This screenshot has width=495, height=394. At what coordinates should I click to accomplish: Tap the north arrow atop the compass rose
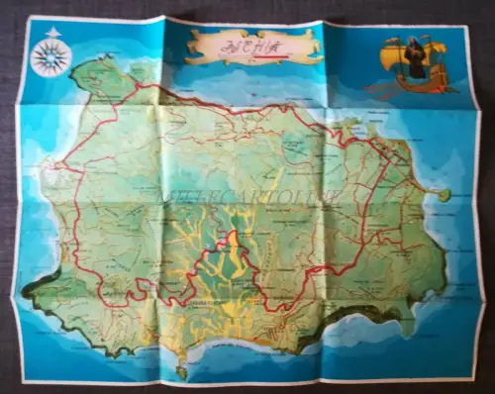click(x=49, y=37)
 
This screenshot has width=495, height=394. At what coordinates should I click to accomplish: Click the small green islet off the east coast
click(x=445, y=195)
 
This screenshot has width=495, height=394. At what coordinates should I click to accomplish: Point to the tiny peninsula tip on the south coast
click(x=182, y=372)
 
